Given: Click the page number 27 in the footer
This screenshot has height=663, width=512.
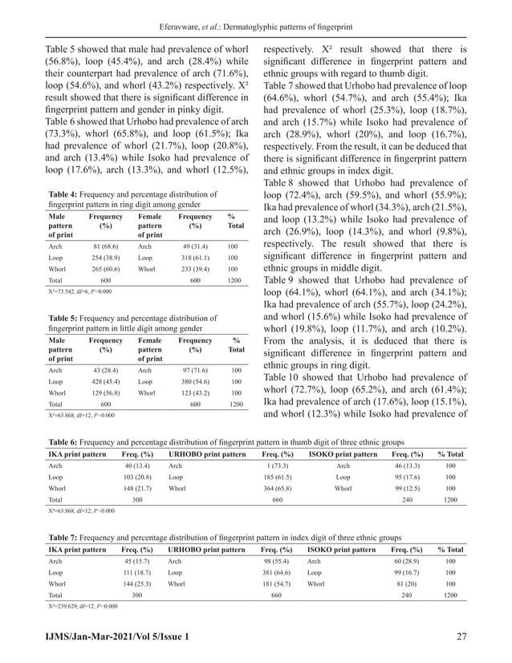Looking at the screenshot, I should (461, 637).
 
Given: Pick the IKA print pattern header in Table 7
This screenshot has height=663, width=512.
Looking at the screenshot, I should (77, 549).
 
